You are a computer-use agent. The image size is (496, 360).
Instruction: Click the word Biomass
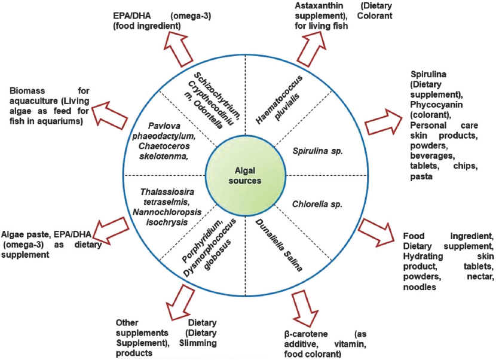pyautogui.click(x=27, y=91)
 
